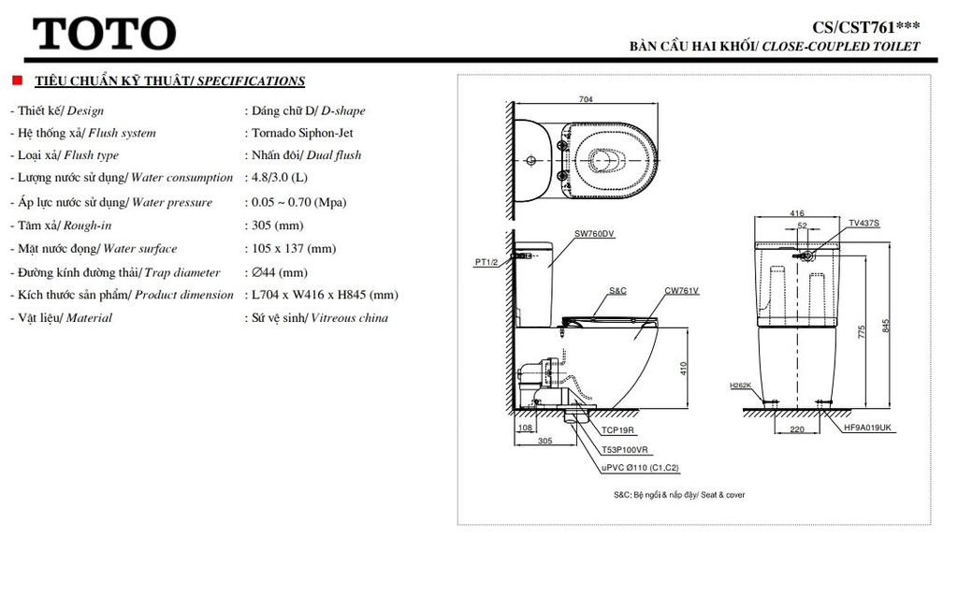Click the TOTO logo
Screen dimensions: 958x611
click(105, 34)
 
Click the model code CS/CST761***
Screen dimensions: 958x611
click(865, 27)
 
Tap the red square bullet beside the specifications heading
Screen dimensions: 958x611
click(17, 80)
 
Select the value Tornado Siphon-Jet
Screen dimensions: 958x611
click(302, 133)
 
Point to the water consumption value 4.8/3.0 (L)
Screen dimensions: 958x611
click(280, 177)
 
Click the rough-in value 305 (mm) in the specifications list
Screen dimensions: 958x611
click(277, 225)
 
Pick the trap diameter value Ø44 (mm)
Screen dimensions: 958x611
click(280, 272)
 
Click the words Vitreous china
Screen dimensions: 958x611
click(350, 318)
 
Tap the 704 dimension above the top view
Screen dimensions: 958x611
click(586, 99)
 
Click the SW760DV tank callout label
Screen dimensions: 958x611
click(594, 233)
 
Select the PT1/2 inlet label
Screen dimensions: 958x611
click(486, 262)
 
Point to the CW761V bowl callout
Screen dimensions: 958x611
click(681, 291)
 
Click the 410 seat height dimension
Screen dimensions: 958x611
click(684, 369)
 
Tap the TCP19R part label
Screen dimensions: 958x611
click(617, 430)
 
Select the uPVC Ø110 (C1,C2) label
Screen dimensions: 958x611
click(640, 468)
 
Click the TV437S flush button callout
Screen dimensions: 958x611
click(864, 223)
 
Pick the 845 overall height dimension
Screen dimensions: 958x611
click(886, 326)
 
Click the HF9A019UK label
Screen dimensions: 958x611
click(867, 428)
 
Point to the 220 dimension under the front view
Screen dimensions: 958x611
click(797, 429)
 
